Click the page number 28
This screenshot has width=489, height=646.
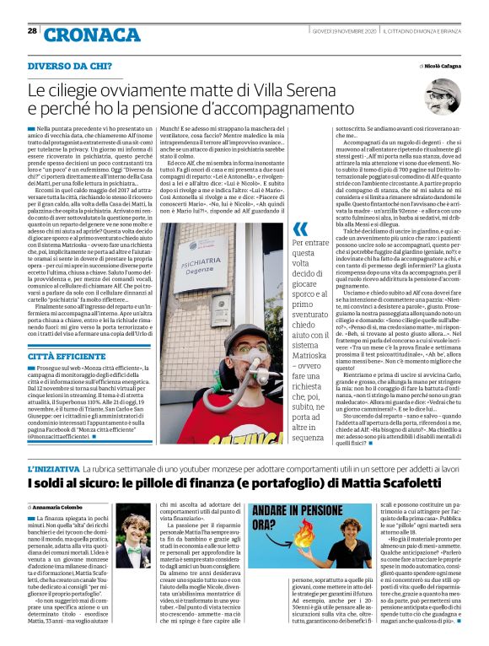tap(32, 31)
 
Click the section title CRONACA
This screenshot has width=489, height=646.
tap(81, 35)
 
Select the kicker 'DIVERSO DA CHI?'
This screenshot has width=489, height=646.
tap(70, 66)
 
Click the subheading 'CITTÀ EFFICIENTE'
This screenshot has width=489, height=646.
tap(67, 335)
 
